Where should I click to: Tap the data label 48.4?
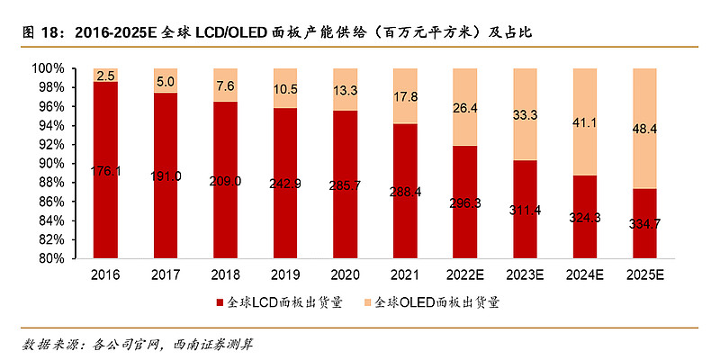click(643, 130)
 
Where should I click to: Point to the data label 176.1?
click(105, 170)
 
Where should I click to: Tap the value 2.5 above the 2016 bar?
click(105, 76)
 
